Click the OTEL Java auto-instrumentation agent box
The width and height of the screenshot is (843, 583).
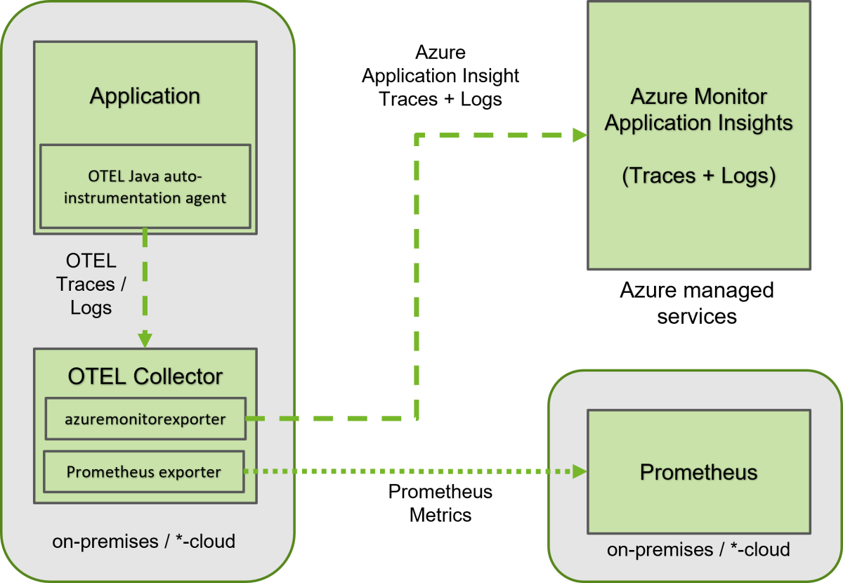(x=145, y=186)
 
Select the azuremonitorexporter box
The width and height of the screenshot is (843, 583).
(x=145, y=419)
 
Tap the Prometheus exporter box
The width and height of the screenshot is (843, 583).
(x=144, y=471)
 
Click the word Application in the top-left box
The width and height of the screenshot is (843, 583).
(x=145, y=96)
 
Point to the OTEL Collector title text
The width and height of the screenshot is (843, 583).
(x=145, y=376)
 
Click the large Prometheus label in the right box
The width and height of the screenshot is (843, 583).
(x=699, y=472)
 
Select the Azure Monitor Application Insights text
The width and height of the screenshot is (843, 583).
(x=699, y=110)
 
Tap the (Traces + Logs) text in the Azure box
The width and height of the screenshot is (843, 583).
(x=699, y=176)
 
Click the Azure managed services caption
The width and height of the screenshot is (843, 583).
(x=697, y=303)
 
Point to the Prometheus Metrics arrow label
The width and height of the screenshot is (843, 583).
(x=440, y=503)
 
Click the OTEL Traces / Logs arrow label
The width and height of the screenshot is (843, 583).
(x=91, y=284)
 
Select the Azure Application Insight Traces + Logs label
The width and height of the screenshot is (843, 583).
(x=440, y=76)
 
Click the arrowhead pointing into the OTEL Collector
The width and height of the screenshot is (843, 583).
(x=145, y=339)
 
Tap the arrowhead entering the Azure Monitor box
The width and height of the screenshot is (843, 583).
(x=580, y=135)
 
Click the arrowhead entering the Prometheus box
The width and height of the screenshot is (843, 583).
(x=580, y=471)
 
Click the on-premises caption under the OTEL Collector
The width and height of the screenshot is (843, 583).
(x=144, y=542)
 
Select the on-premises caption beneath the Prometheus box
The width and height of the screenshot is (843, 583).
(x=698, y=549)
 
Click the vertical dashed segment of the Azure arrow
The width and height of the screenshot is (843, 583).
(x=417, y=277)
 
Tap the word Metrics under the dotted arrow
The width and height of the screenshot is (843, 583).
(x=440, y=515)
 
